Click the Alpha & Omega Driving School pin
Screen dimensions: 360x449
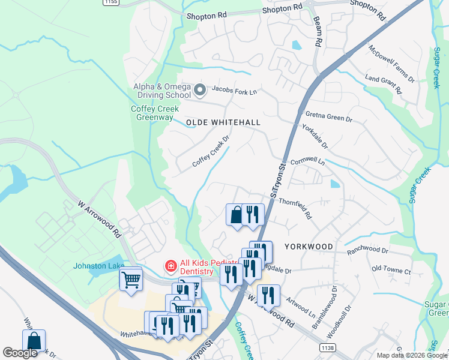pyautogui.click(x=200, y=91)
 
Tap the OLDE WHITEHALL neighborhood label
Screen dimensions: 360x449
pyautogui.click(x=223, y=122)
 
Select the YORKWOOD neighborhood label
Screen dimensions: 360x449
pyautogui.click(x=309, y=247)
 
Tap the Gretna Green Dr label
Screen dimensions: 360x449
pyautogui.click(x=328, y=116)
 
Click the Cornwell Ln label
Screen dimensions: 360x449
pyautogui.click(x=307, y=162)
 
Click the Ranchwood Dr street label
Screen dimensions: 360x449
pyautogui.click(x=367, y=249)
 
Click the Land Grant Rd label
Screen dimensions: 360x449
pyautogui.click(x=383, y=84)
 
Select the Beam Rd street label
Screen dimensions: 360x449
pyautogui.click(x=318, y=32)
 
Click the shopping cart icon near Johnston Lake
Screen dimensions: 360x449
pyautogui.click(x=131, y=279)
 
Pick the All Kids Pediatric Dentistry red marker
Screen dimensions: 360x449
pyautogui.click(x=170, y=265)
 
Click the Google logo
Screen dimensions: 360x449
pyautogui.click(x=20, y=353)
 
